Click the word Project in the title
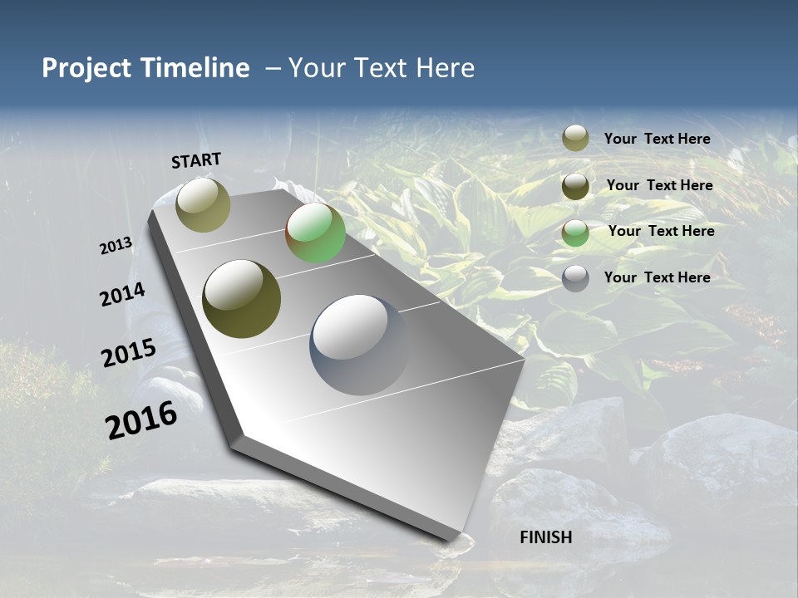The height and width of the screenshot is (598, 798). click(87, 68)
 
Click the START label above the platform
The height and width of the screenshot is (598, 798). click(196, 160)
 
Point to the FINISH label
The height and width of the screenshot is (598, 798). click(546, 537)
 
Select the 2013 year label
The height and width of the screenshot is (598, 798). click(116, 246)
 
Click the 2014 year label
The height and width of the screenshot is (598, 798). click(123, 295)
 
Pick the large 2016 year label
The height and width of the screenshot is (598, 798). click(141, 419)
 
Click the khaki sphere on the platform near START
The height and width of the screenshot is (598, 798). click(203, 204)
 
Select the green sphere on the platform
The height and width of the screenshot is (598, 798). click(315, 233)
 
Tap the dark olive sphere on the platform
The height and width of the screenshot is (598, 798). click(241, 299)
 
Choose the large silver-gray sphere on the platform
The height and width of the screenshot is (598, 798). click(360, 344)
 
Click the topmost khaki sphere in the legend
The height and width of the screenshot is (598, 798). click(575, 139)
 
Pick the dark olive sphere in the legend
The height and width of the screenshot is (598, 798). click(575, 186)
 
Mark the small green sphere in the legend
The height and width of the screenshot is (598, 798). click(575, 233)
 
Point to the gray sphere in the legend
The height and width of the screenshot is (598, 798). click(575, 278)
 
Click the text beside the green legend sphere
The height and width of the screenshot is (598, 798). click(661, 231)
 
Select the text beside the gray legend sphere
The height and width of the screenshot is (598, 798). click(657, 277)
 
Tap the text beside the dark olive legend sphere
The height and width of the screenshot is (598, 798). click(659, 185)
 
